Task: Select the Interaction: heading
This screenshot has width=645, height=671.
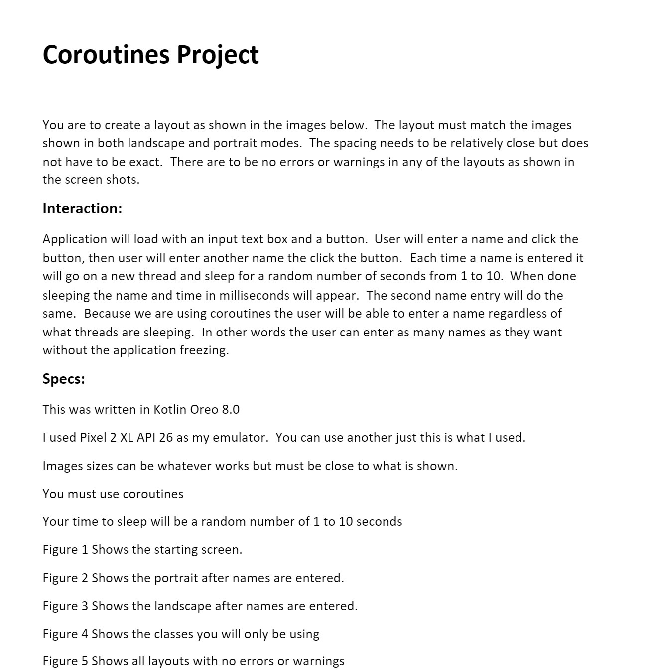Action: click(x=82, y=208)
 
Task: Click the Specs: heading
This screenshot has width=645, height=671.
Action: click(x=64, y=379)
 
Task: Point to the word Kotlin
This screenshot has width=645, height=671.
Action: click(x=170, y=409)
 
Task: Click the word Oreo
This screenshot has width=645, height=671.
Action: click(x=204, y=409)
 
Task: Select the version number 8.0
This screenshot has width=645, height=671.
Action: click(x=231, y=409)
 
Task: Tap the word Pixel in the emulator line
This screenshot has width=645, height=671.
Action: click(x=92, y=438)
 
